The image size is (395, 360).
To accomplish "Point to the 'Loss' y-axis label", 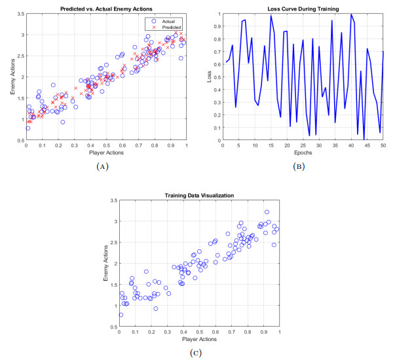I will pyautogui.click(x=210, y=77).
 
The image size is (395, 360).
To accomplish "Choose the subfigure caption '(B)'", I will pyautogui.click(x=303, y=168).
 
